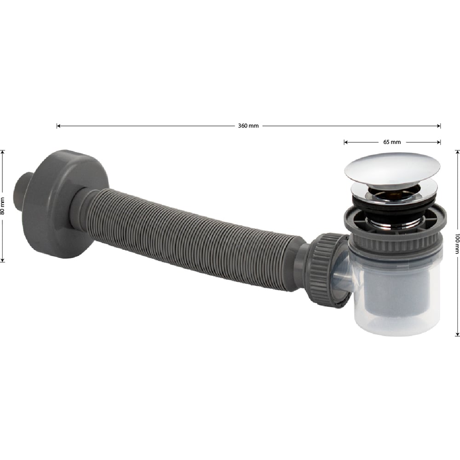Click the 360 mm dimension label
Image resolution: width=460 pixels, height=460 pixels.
click(x=248, y=126)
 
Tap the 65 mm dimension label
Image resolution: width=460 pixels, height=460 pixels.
click(x=392, y=142)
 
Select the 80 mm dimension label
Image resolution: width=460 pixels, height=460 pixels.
click(x=3, y=206)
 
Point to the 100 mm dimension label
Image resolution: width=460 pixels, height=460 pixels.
click(x=457, y=243)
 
